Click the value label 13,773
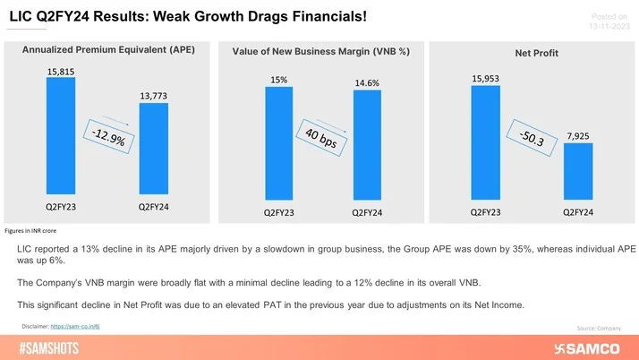pyautogui.click(x=153, y=94)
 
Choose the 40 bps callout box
pyautogui.click(x=322, y=140)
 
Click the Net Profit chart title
pyautogui.click(x=536, y=54)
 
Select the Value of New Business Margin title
pyautogui.click(x=320, y=52)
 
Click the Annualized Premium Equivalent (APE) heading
pyautogui.click(x=106, y=51)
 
